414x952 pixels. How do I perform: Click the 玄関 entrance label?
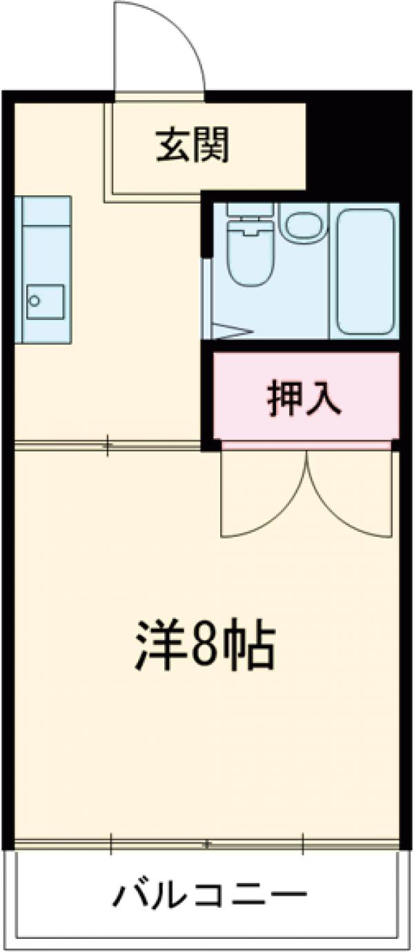coord(191,146)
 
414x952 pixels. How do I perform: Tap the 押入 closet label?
coord(304,399)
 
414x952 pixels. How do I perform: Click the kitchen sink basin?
coord(46,301)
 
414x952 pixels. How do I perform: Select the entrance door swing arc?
coord(166,41)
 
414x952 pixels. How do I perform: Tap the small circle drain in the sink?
coord(34,301)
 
